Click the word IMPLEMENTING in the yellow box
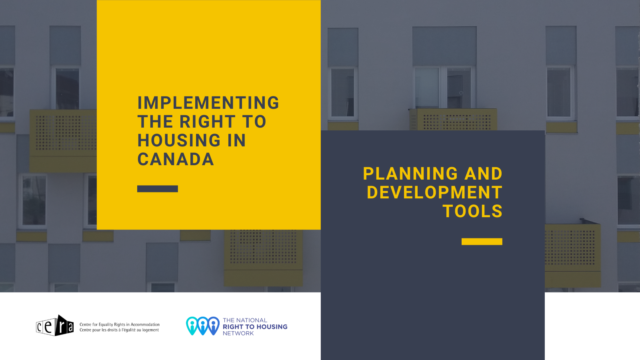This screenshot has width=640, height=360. click(208, 103)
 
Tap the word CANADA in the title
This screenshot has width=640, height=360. click(176, 159)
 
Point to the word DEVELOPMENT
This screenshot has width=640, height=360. click(434, 192)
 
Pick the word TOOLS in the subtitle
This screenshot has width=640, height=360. click(472, 212)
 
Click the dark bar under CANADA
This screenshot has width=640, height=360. click(158, 189)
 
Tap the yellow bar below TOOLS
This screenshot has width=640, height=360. click(482, 242)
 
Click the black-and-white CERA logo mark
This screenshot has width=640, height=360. click(55, 326)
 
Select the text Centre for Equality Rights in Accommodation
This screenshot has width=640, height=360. click(120, 324)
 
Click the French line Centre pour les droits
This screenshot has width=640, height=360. click(119, 330)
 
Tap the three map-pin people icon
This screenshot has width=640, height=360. click(203, 326)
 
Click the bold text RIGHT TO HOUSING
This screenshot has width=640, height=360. click(255, 326)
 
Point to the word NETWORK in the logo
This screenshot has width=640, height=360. click(238, 333)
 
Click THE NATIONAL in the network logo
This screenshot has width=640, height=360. click(245, 320)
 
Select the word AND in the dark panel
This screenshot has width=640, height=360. click(484, 174)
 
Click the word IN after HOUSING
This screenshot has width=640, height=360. click(237, 140)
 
